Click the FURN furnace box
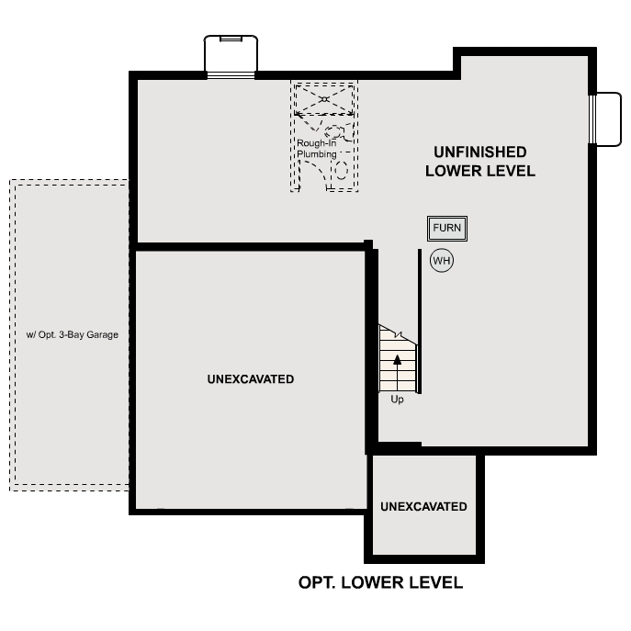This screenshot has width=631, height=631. [x=447, y=228]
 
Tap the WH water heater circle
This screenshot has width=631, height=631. [x=442, y=260]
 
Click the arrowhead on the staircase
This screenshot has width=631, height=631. [x=398, y=359]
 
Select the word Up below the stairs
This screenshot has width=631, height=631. [x=397, y=400]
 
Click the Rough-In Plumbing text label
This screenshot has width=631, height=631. [x=317, y=149]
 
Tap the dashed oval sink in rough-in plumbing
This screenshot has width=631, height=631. [x=336, y=131]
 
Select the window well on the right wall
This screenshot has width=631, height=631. [x=607, y=119]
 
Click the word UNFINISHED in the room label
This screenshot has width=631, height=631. [x=480, y=152]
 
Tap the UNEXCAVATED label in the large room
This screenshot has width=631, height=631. [x=251, y=379]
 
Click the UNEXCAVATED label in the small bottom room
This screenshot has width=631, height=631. [x=423, y=506]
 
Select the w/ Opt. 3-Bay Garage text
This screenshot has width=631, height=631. [x=73, y=334]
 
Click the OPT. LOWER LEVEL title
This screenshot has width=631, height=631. [x=380, y=582]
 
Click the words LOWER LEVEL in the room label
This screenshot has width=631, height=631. [x=479, y=171]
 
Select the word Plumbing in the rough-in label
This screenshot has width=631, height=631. [x=317, y=154]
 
